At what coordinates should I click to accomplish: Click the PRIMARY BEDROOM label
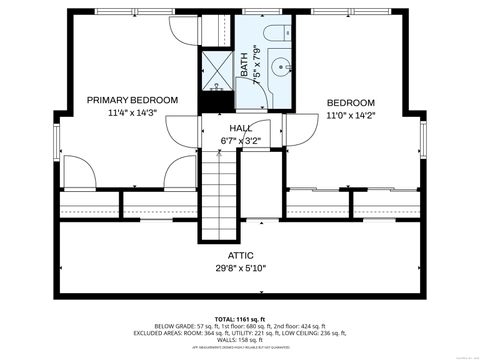click(x=132, y=100)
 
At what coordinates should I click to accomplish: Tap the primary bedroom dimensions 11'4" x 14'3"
click(x=132, y=113)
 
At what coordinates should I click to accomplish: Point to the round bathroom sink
click(x=280, y=69)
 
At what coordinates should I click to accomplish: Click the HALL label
click(x=240, y=128)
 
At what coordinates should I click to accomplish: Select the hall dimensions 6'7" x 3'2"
click(x=240, y=141)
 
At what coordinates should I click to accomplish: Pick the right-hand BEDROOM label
click(x=350, y=103)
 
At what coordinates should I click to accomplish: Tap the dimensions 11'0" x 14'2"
click(x=350, y=116)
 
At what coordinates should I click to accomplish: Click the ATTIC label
click(x=240, y=255)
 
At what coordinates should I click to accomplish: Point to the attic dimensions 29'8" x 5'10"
click(x=240, y=268)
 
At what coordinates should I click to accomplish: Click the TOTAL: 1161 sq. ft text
click(x=240, y=317)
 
